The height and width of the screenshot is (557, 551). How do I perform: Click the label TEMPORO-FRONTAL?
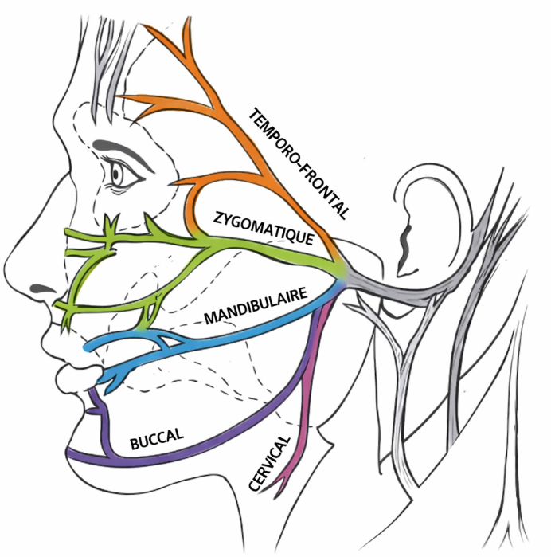[x=299, y=163]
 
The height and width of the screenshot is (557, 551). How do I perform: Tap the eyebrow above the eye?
[x=119, y=151]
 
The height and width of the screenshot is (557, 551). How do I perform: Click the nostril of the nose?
[x=37, y=285]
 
